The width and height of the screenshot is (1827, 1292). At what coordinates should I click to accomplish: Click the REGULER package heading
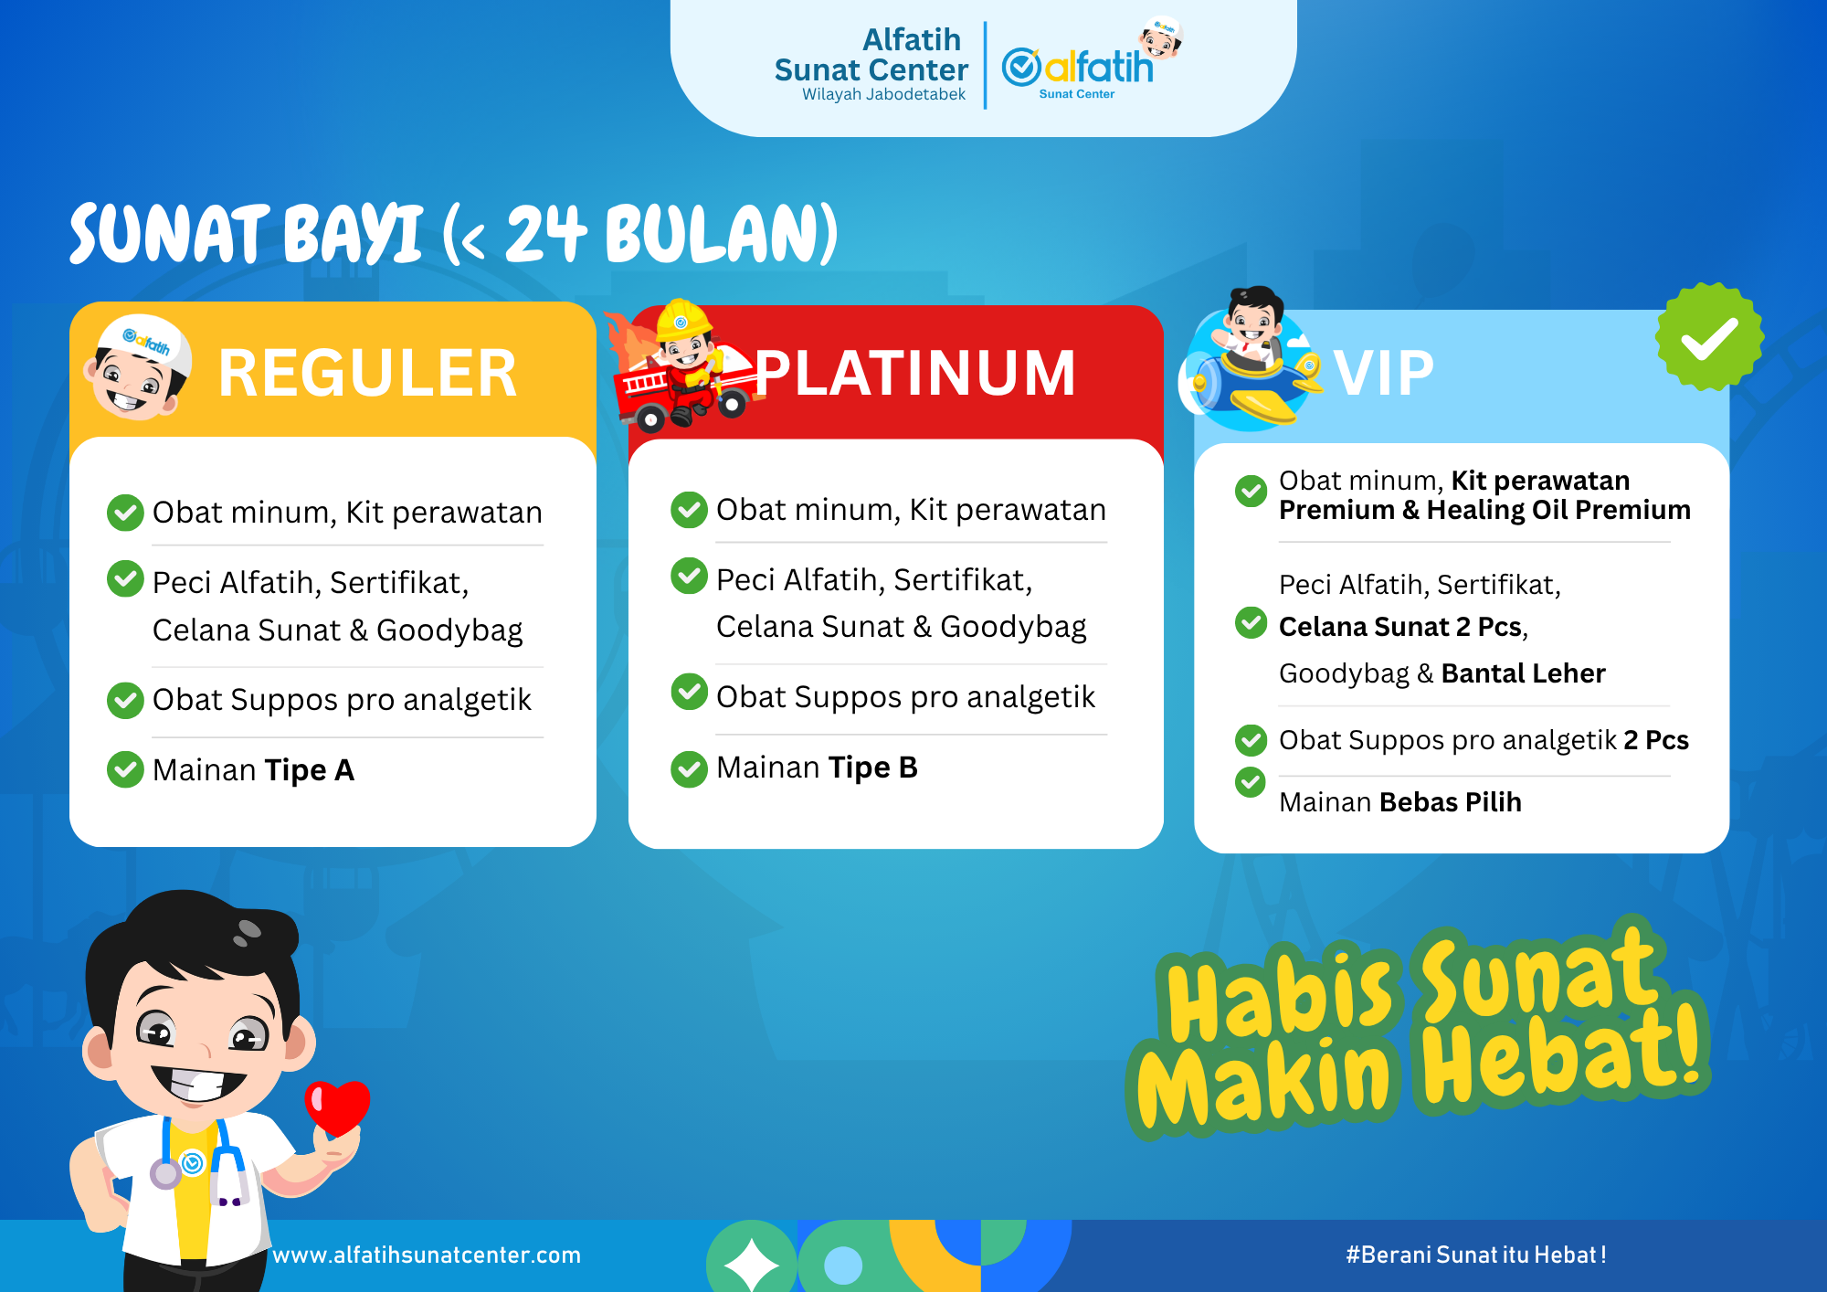[x=367, y=374]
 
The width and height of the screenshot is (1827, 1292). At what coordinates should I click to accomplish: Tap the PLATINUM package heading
[x=914, y=374]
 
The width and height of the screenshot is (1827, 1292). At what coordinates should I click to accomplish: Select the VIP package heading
[x=1383, y=374]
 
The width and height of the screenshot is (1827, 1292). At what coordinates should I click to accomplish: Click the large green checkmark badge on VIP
[x=1709, y=337]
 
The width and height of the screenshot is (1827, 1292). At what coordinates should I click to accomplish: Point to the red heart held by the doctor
[x=337, y=1107]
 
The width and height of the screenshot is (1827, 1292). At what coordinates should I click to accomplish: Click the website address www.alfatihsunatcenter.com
[x=427, y=1255]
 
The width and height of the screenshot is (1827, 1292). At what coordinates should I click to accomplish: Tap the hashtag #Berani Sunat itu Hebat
[x=1475, y=1255]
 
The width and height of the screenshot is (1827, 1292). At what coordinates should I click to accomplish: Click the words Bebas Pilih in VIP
[x=1450, y=802]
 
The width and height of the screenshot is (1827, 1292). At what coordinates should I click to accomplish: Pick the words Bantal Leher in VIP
[x=1523, y=673]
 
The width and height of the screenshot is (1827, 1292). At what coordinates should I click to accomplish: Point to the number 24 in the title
[x=545, y=234]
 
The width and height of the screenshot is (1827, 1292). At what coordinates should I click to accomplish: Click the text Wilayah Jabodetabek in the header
[x=883, y=95]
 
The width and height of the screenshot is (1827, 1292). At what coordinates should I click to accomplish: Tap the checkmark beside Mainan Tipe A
[x=125, y=769]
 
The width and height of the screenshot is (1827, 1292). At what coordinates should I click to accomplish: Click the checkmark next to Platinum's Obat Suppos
[x=689, y=692]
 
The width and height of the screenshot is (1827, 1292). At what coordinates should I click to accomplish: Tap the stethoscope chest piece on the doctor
[x=165, y=1174]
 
